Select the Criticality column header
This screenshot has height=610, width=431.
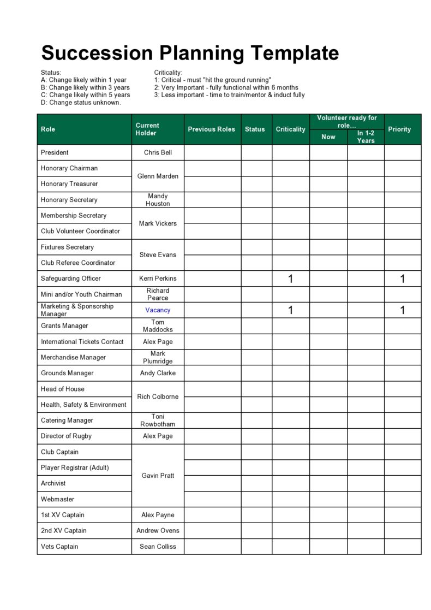click(x=290, y=129)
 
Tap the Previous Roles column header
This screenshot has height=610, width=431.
click(x=212, y=129)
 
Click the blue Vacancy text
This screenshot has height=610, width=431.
click(x=158, y=310)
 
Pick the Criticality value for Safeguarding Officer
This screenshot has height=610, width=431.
click(x=290, y=279)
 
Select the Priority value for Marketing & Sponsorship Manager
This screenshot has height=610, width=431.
click(x=403, y=311)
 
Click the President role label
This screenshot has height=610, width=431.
click(x=55, y=153)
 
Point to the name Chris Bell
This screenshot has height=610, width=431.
click(x=158, y=153)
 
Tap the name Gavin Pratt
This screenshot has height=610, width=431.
click(x=158, y=476)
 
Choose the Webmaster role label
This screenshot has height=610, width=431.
click(x=57, y=499)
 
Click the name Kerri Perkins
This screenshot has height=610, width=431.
click(x=158, y=279)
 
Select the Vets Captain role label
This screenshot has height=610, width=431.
click(x=59, y=547)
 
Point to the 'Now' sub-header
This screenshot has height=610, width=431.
click(x=328, y=137)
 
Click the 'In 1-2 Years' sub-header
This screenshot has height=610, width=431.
click(x=366, y=137)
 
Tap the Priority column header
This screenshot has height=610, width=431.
click(x=399, y=129)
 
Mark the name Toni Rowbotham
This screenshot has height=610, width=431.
click(x=158, y=421)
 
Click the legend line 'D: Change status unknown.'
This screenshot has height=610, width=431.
click(x=81, y=103)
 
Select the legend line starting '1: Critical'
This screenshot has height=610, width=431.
click(x=212, y=80)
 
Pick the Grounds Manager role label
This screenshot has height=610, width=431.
click(x=67, y=374)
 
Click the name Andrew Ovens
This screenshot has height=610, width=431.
click(x=158, y=531)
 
